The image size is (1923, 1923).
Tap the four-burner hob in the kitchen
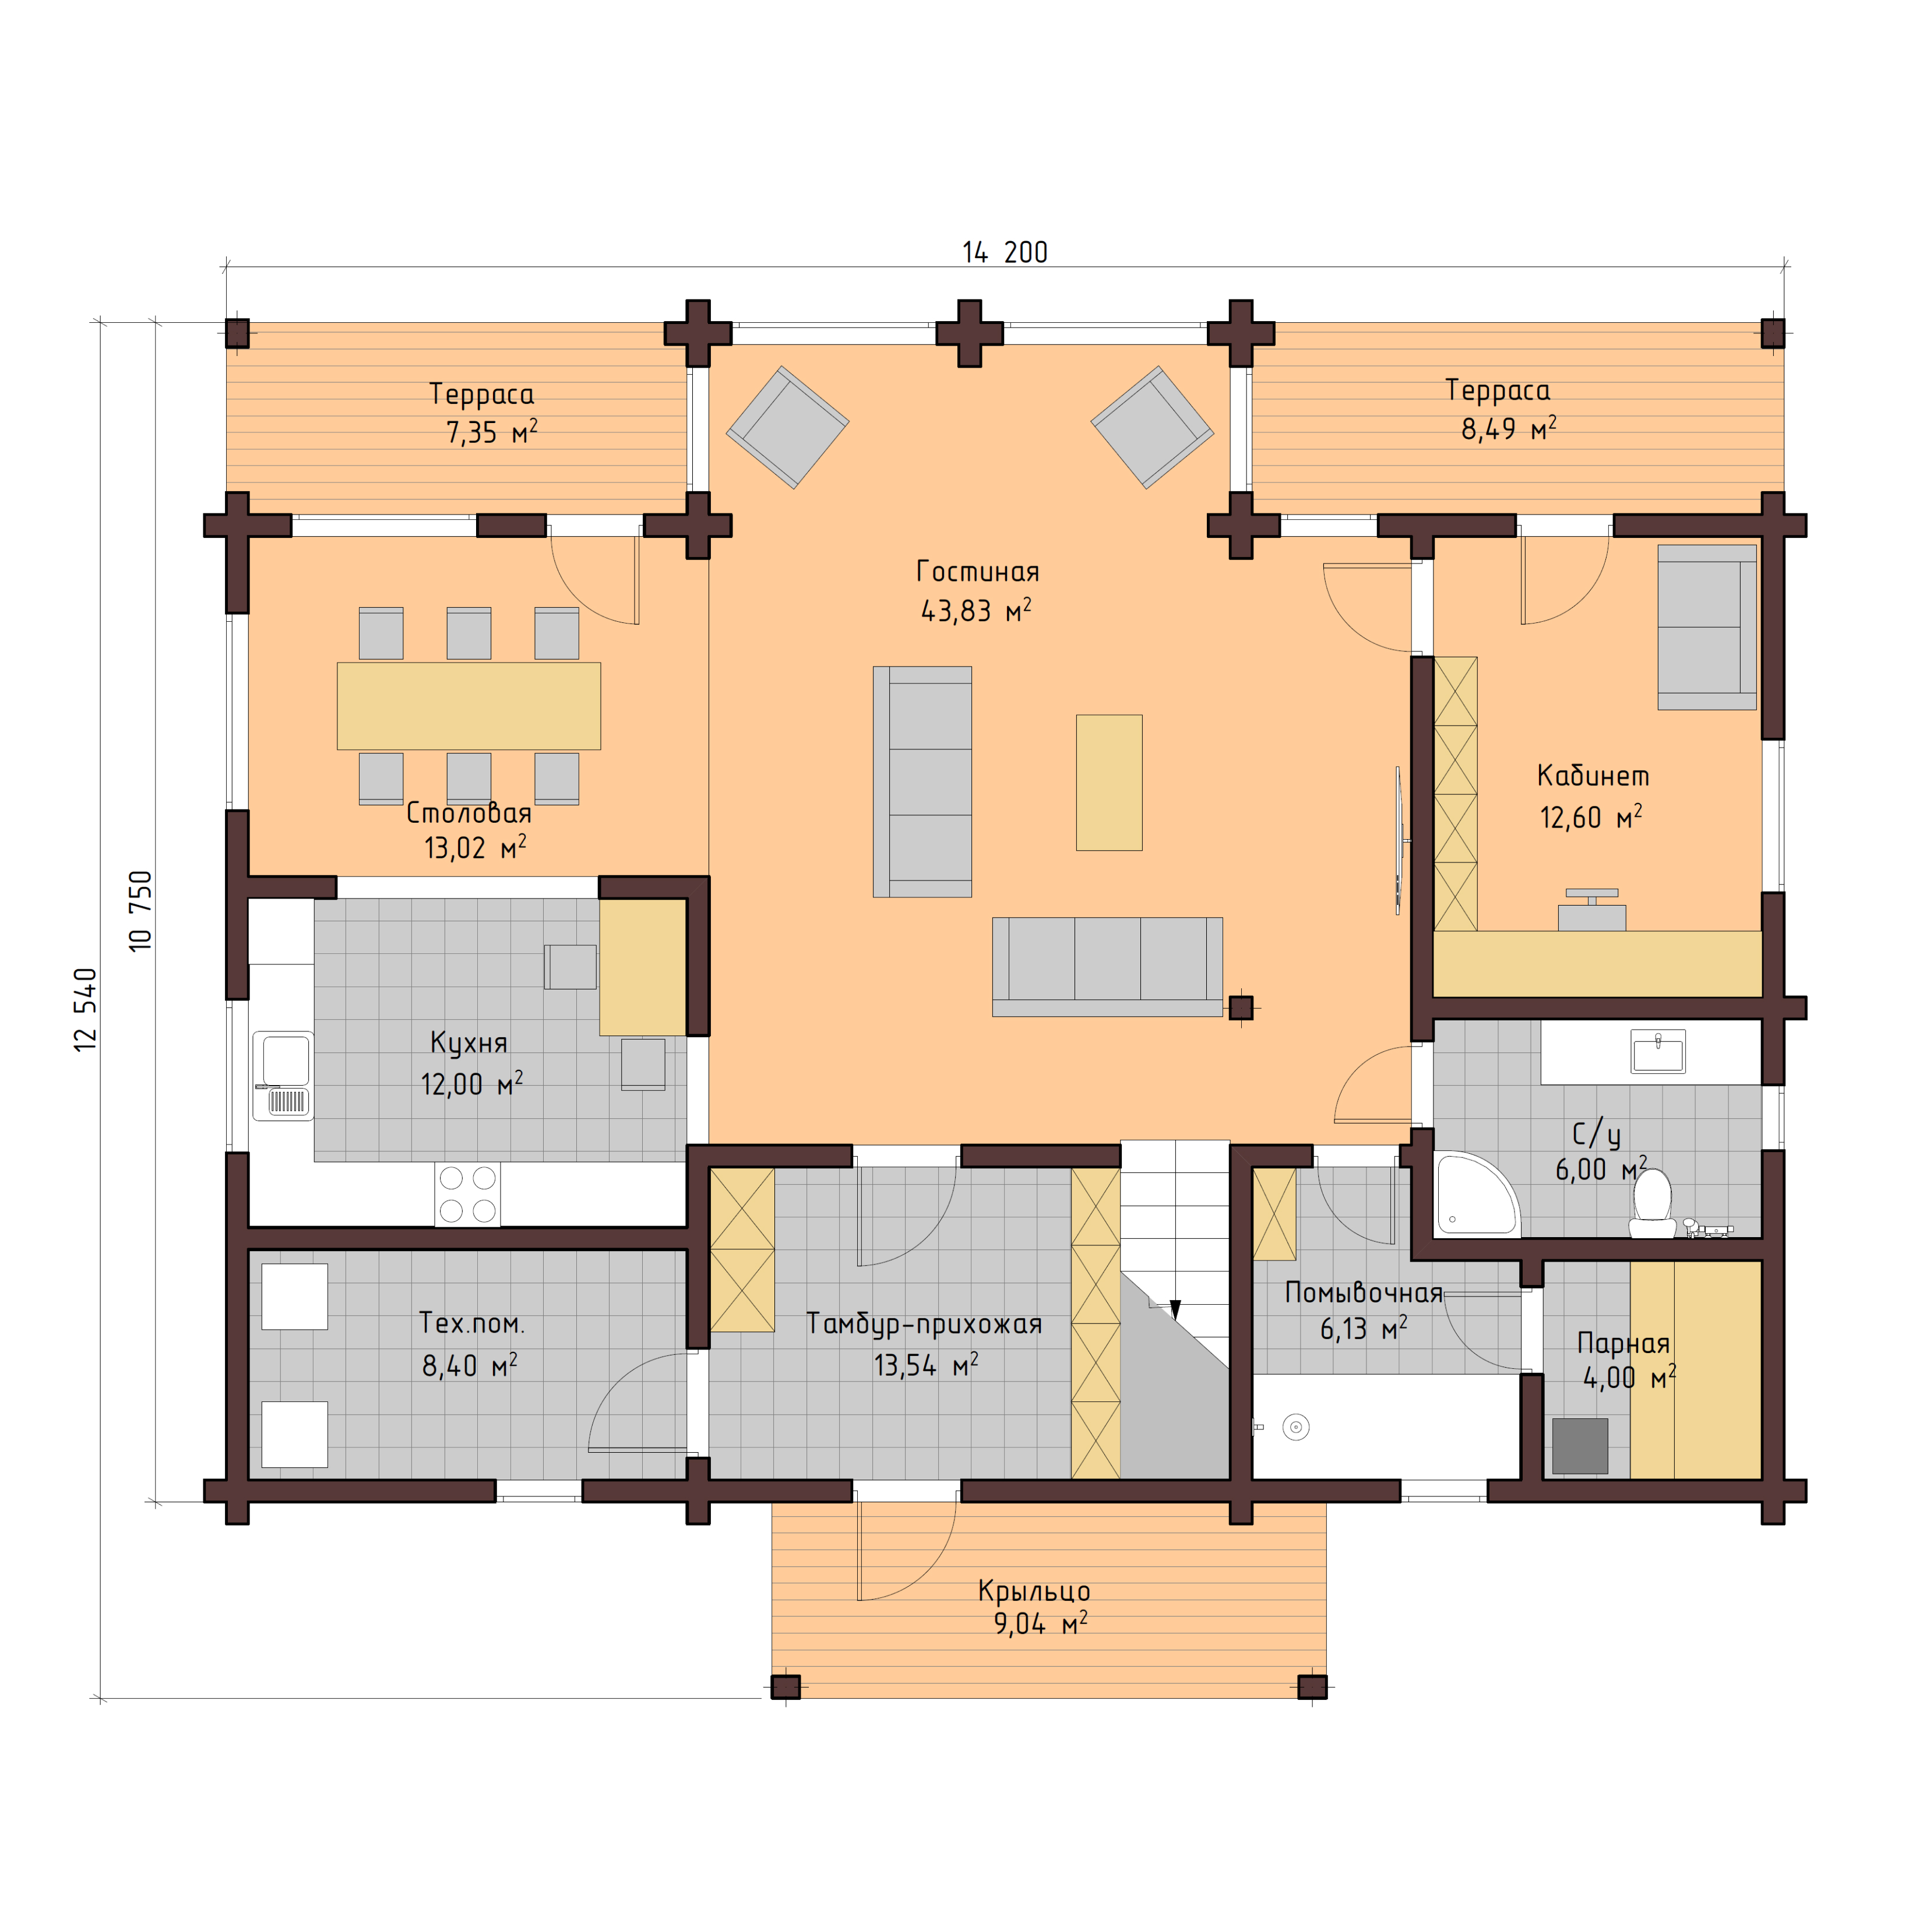coord(467,1193)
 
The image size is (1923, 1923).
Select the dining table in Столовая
coord(469,706)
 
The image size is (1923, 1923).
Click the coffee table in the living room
coord(1109,783)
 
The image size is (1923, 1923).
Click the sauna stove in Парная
coord(1580,1445)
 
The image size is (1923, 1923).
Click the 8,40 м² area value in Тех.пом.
coord(469,1365)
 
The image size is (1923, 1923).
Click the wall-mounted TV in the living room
coord(1399,840)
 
